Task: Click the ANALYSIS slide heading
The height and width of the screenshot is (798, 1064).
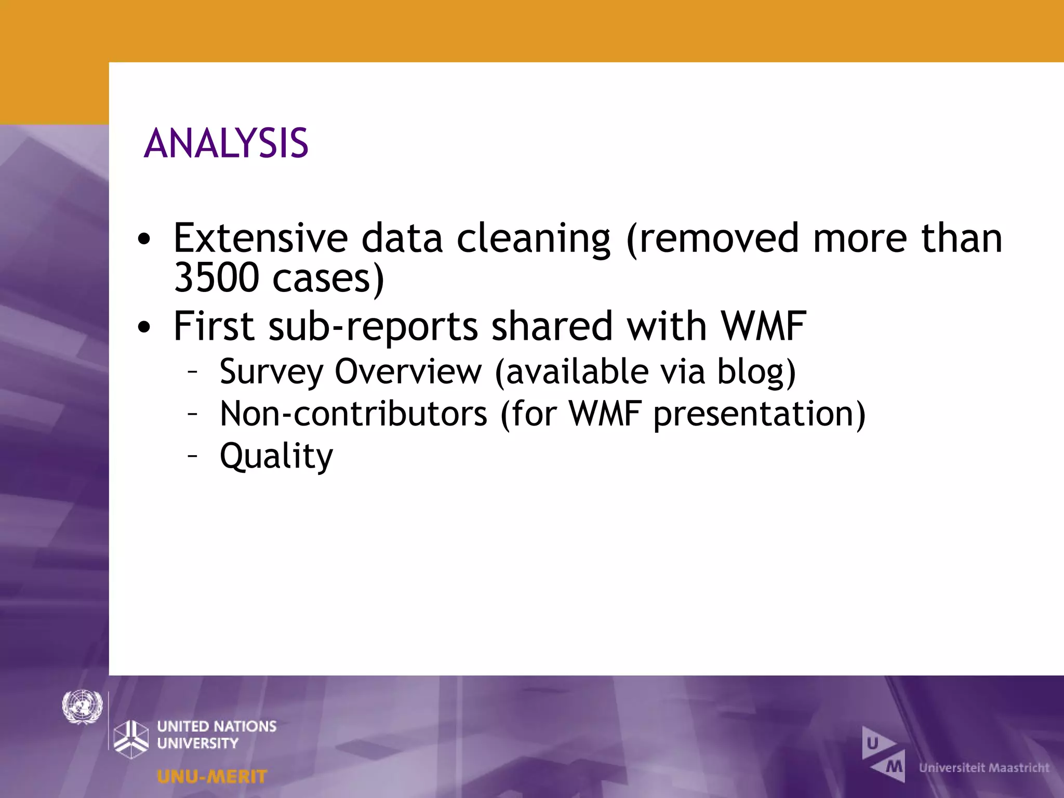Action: pyautogui.click(x=226, y=143)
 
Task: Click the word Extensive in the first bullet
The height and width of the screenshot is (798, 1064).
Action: pyautogui.click(x=260, y=238)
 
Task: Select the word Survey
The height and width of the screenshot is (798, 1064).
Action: pyautogui.click(x=271, y=373)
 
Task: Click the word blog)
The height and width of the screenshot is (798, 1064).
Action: pyautogui.click(x=756, y=373)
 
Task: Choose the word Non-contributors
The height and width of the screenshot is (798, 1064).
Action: pyautogui.click(x=353, y=414)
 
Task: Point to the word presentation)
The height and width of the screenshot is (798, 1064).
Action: pyautogui.click(x=759, y=414)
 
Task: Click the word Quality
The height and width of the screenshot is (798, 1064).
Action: pyautogui.click(x=276, y=456)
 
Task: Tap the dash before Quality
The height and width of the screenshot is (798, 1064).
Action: pyautogui.click(x=193, y=456)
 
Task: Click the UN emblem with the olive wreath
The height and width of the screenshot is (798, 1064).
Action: pyautogui.click(x=82, y=707)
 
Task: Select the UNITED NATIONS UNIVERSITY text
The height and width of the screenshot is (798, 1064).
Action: pyautogui.click(x=217, y=735)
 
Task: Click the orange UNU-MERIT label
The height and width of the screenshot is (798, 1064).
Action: pyautogui.click(x=212, y=777)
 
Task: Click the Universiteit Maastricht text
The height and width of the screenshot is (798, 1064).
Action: pyautogui.click(x=984, y=768)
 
